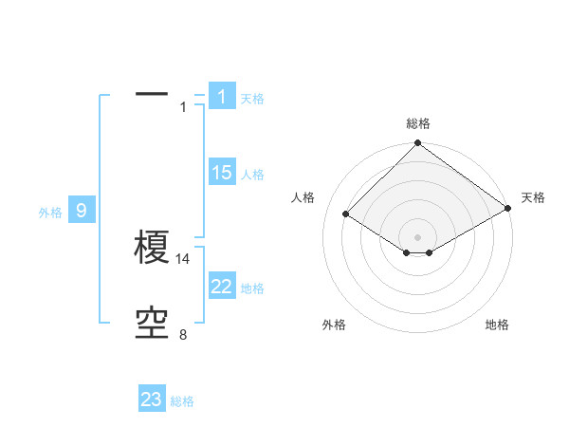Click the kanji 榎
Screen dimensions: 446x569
(152, 249)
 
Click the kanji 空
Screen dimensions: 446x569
(152, 325)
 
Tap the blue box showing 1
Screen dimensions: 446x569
(221, 96)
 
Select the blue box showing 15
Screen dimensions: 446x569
(221, 172)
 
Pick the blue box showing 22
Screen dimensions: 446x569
(221, 287)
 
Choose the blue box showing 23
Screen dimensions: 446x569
(152, 400)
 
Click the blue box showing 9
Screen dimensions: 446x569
(82, 211)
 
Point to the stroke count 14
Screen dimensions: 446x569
(184, 258)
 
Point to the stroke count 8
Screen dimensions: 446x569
(183, 335)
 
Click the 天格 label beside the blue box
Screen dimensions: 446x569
(252, 98)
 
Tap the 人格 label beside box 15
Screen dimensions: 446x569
(252, 175)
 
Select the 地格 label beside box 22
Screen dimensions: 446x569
(252, 288)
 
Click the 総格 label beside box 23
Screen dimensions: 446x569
(182, 401)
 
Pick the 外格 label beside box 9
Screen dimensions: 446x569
(50, 213)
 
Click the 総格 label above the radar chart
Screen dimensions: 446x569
(417, 123)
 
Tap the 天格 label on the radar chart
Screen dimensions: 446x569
(533, 197)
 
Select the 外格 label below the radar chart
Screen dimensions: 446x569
(334, 325)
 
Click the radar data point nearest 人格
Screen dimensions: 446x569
(346, 214)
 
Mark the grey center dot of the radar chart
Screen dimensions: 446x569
(417, 237)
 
